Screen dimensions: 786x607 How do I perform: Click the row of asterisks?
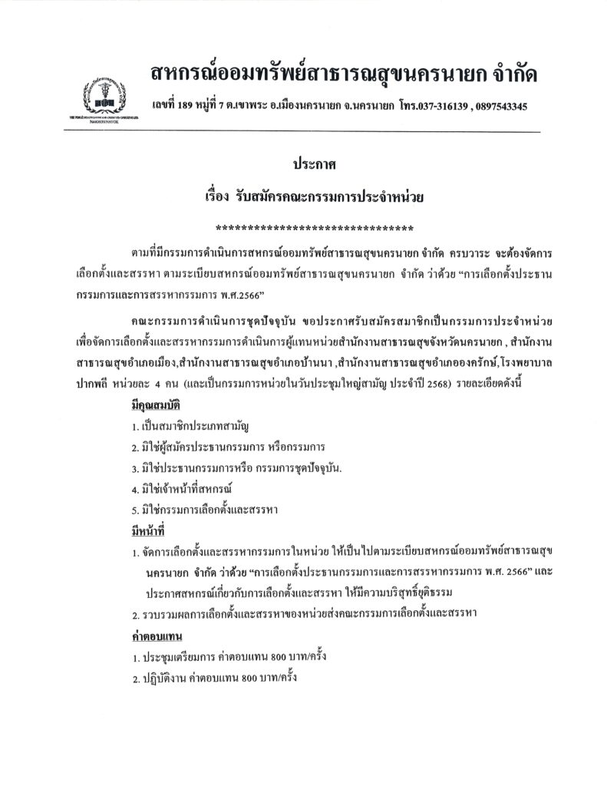315,228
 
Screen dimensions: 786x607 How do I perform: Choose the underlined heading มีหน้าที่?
149,530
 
